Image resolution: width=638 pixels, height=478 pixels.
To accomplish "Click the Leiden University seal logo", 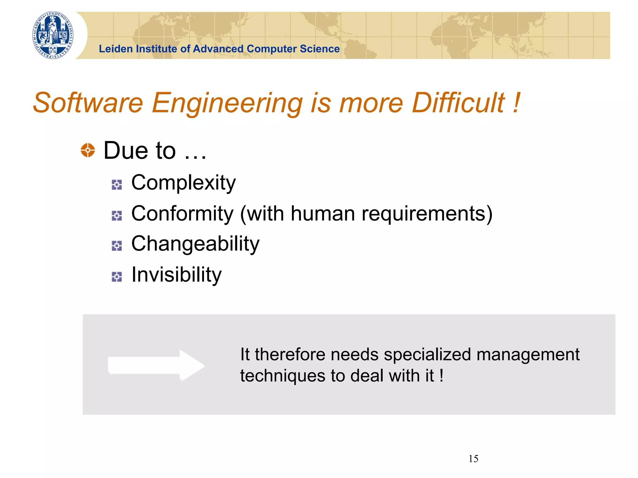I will click(53, 35).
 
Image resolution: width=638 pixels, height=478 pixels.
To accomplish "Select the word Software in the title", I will click(88, 103).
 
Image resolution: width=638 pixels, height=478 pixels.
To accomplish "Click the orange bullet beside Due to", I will click(88, 150).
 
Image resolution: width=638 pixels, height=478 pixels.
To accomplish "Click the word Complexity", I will click(183, 183).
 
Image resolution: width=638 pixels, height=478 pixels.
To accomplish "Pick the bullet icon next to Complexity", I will click(117, 185).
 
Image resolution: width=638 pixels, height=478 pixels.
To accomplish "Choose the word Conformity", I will click(182, 214).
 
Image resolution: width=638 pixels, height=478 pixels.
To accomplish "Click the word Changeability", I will click(195, 244).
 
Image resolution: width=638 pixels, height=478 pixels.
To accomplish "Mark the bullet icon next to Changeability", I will click(117, 246).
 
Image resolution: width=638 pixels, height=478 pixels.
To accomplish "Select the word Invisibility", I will click(176, 275).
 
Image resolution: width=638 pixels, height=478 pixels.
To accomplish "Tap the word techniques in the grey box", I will click(282, 376).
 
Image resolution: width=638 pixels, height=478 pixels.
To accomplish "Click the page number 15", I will click(473, 459).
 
